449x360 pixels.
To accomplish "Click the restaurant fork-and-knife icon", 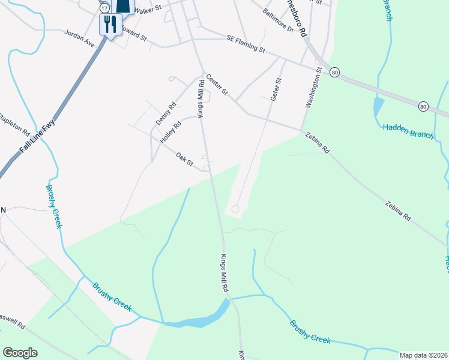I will click(109, 24).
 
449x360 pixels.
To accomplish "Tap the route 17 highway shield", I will click(104, 7).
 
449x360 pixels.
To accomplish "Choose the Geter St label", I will click(276, 89).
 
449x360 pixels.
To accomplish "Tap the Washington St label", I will click(314, 88).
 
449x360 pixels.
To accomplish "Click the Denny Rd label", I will click(166, 113).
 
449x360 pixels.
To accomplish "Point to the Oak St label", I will click(184, 159).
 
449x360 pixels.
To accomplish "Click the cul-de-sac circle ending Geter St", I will click(235, 209).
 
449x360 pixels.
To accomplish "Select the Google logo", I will click(20, 353).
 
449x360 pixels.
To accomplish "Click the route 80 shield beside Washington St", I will click(335, 72).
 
